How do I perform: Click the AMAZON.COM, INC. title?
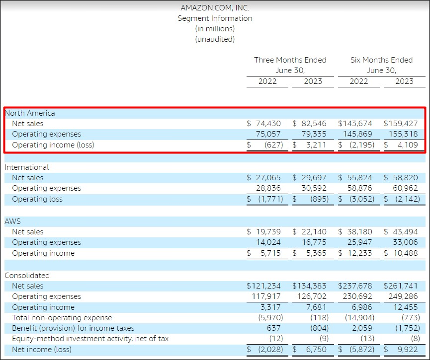click(x=215, y=7)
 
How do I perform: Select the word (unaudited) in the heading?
click(x=215, y=39)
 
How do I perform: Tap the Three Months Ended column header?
click(x=290, y=60)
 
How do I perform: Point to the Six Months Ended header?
click(x=381, y=60)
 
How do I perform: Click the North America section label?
click(x=30, y=113)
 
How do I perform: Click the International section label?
click(x=27, y=167)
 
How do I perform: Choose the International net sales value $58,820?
click(x=401, y=178)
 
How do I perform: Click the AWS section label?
click(x=12, y=221)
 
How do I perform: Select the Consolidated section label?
click(x=27, y=275)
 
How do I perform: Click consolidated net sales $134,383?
click(x=310, y=286)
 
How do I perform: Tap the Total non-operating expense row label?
click(x=62, y=317)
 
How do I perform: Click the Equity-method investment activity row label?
click(x=90, y=339)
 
